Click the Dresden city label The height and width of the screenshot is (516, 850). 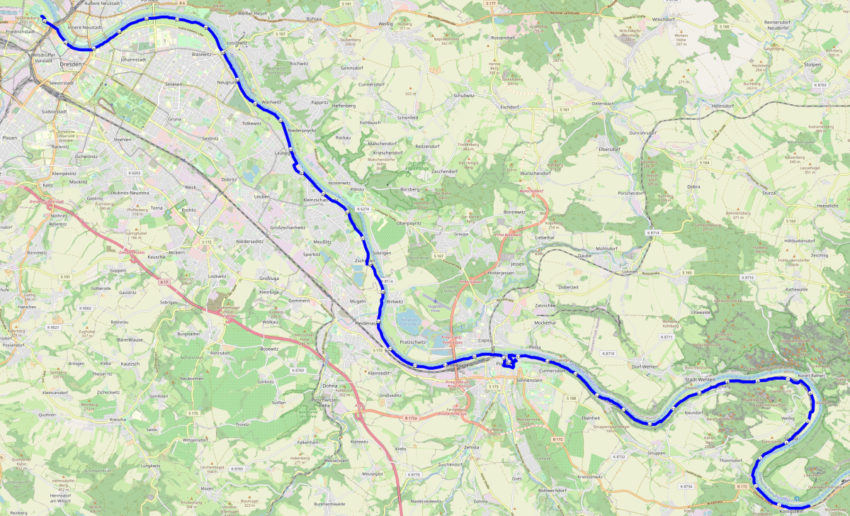click(71, 64)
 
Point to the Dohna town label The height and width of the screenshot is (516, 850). click(329, 386)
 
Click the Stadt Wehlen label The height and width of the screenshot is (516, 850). click(699, 380)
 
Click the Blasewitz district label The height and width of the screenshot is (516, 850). click(202, 54)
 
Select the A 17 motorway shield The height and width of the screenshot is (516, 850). click(164, 282)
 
